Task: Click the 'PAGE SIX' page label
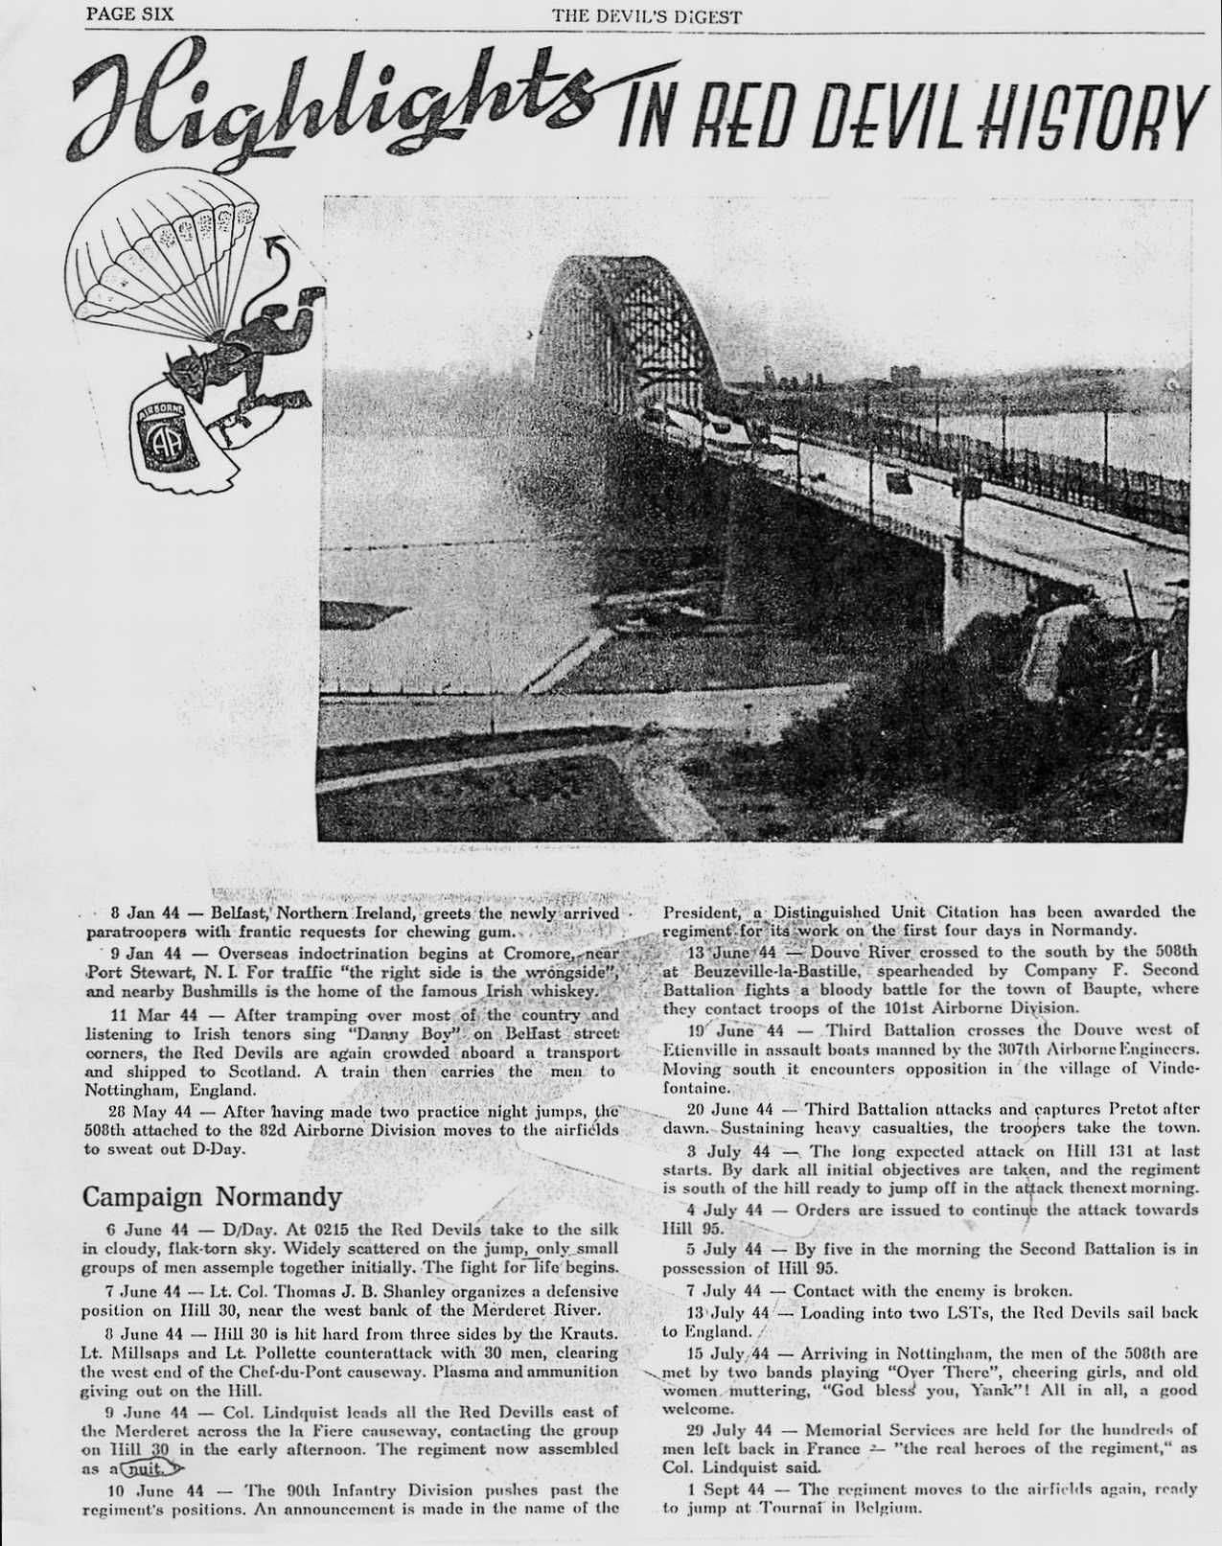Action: (x=123, y=14)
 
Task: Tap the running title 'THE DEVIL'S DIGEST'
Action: (x=646, y=15)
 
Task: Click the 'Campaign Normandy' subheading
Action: (x=211, y=1197)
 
